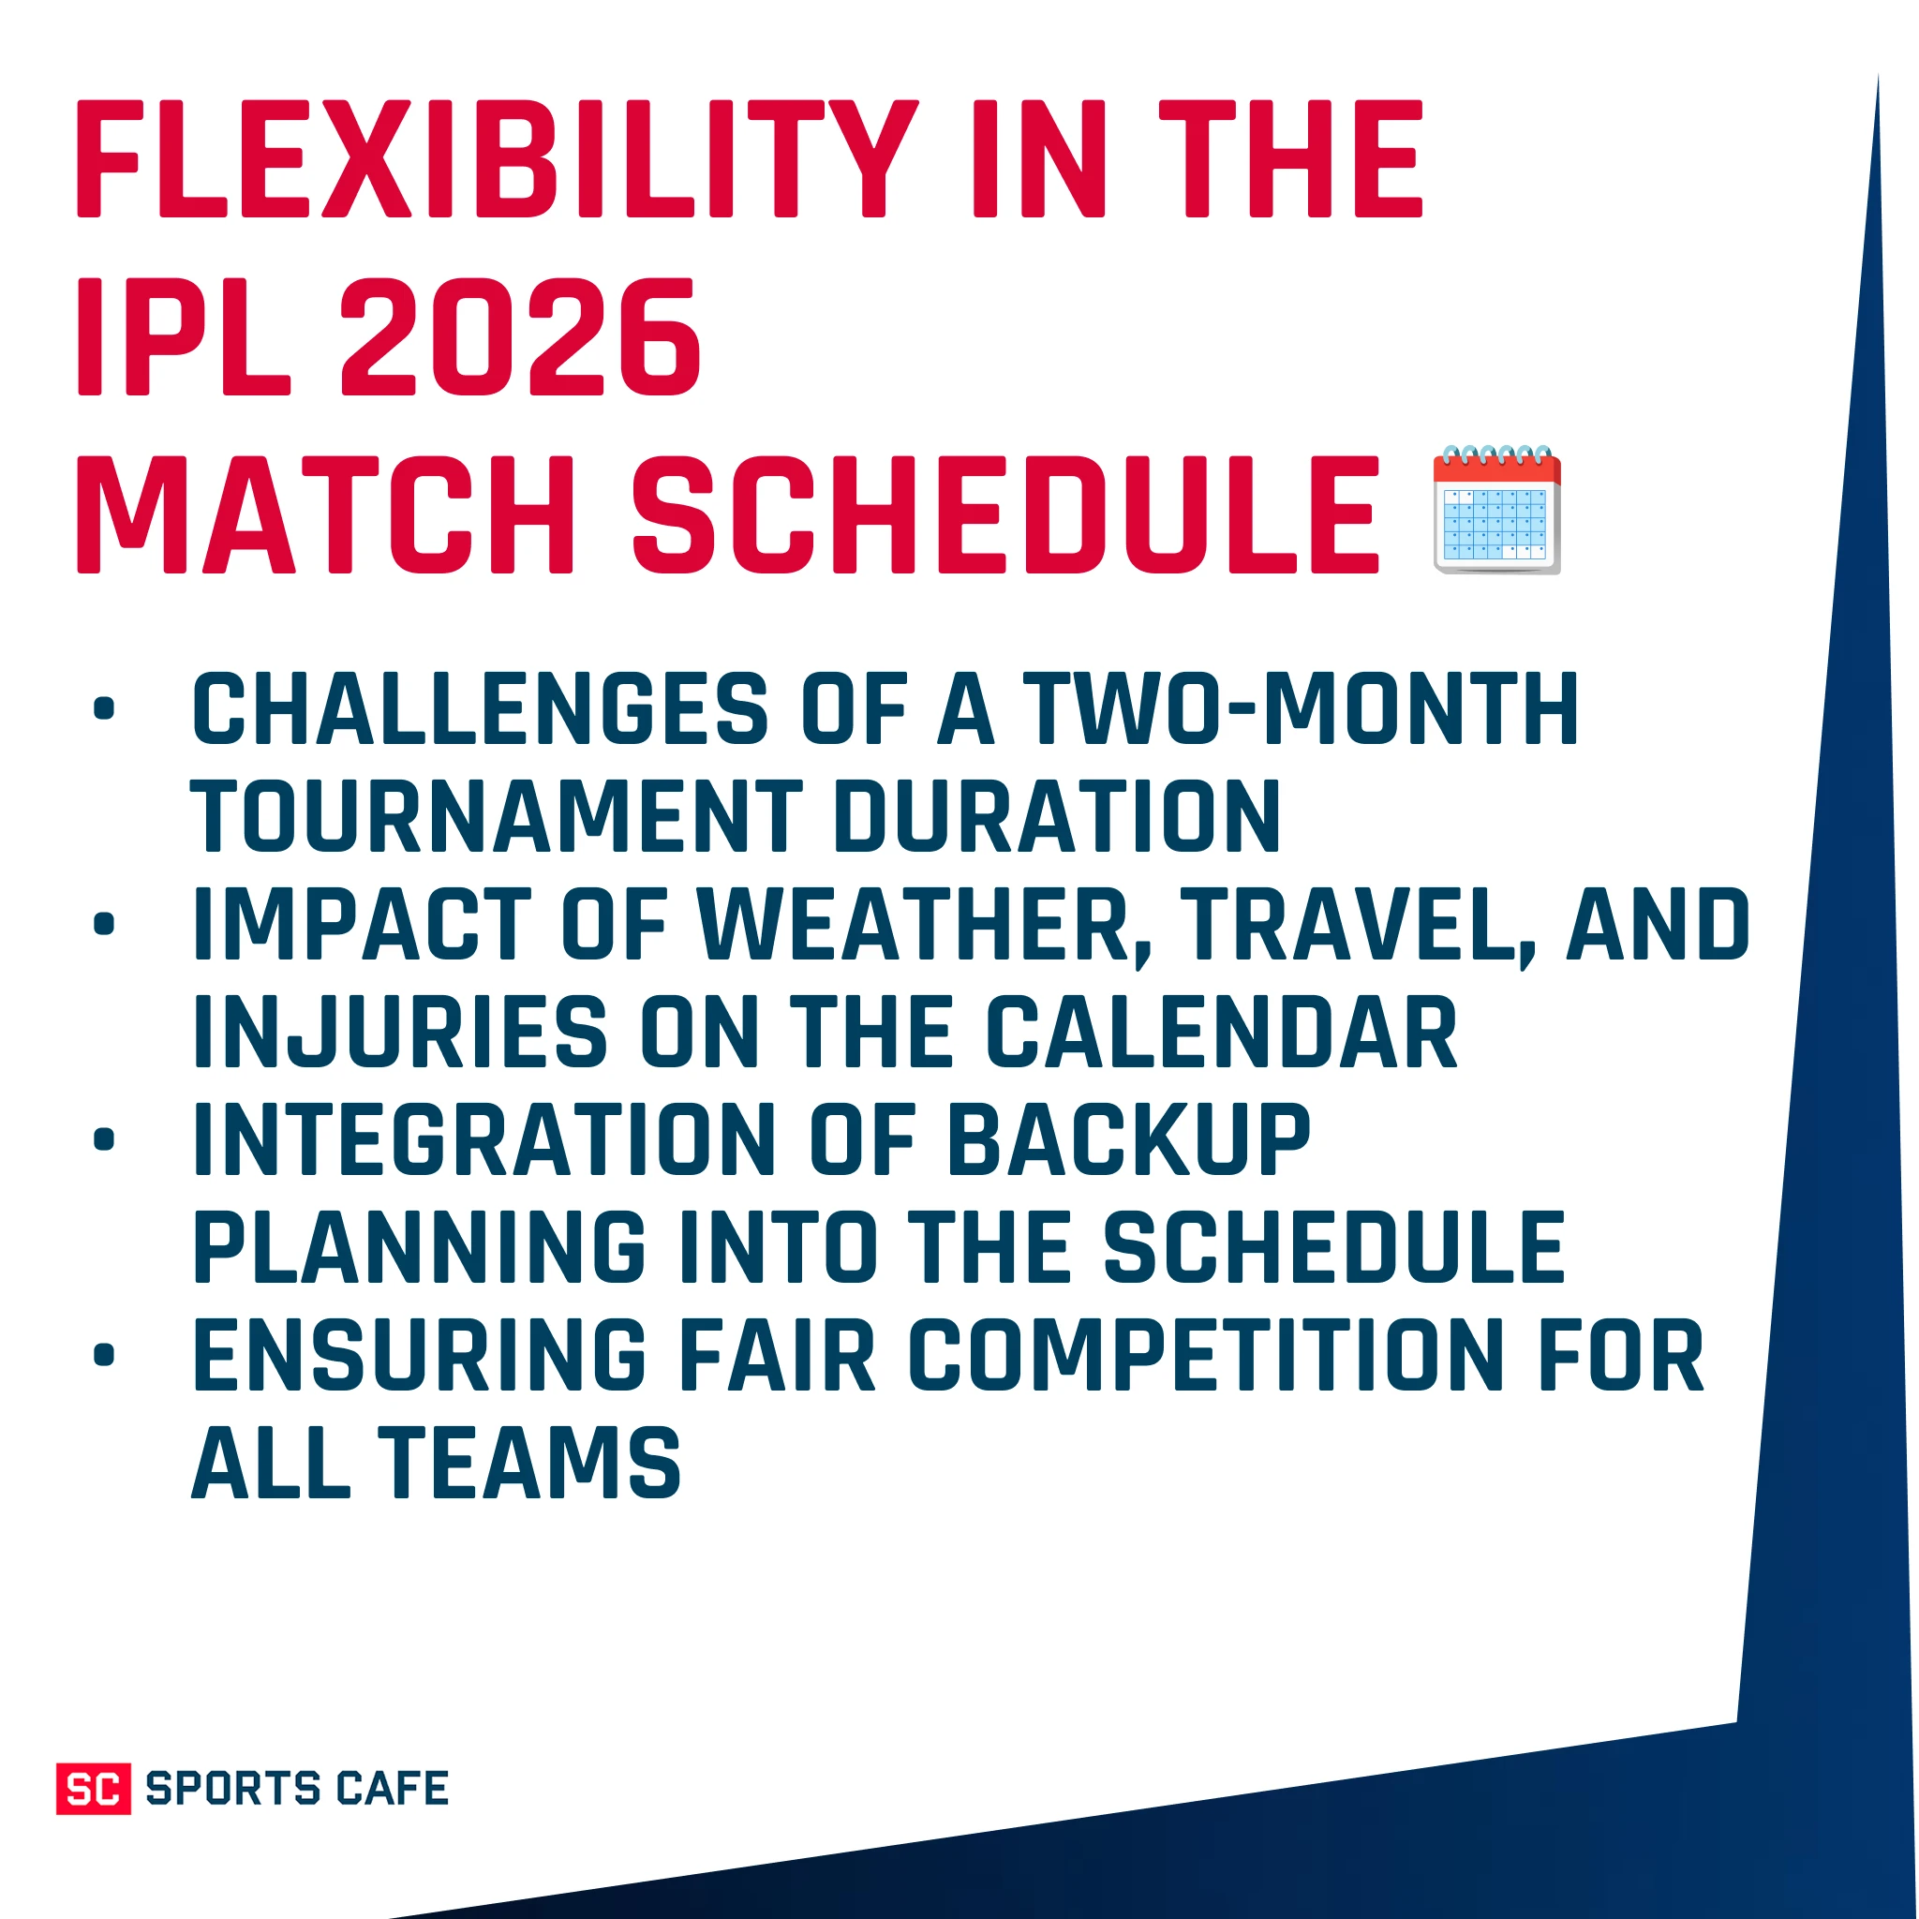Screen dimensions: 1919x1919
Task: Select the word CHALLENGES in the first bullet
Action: click(x=480, y=709)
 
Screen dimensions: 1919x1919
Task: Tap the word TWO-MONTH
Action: click(x=1302, y=709)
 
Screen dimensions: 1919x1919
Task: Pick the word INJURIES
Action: click(x=400, y=1033)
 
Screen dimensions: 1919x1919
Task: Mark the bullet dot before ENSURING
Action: click(x=104, y=1355)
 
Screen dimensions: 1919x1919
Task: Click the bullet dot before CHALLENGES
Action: click(x=104, y=709)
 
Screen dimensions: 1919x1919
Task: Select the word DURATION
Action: click(x=1058, y=816)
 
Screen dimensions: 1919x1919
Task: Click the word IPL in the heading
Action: click(x=184, y=337)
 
